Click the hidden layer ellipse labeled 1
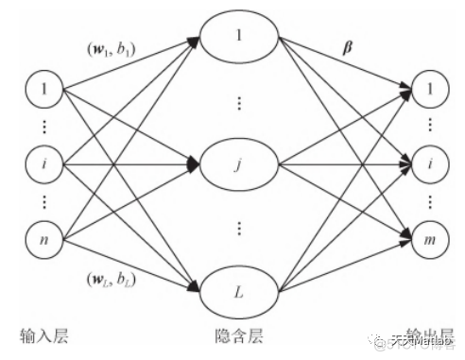tap(240, 39)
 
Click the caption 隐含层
tap(240, 336)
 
